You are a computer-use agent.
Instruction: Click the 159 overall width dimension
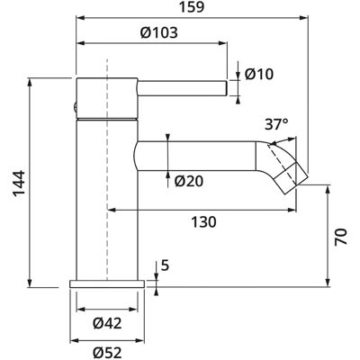(x=192, y=6)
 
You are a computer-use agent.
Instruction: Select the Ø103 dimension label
(x=159, y=32)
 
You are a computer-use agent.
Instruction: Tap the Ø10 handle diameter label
(x=259, y=74)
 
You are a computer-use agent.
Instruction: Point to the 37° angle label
(x=276, y=124)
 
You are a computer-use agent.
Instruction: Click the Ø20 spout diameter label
(x=189, y=181)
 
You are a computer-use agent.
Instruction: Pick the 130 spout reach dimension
(x=203, y=222)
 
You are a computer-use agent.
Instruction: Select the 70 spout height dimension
(x=340, y=237)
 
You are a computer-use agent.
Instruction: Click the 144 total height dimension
(x=20, y=183)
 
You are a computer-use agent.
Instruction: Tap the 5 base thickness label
(x=166, y=265)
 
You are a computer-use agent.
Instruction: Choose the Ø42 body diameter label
(x=107, y=323)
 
